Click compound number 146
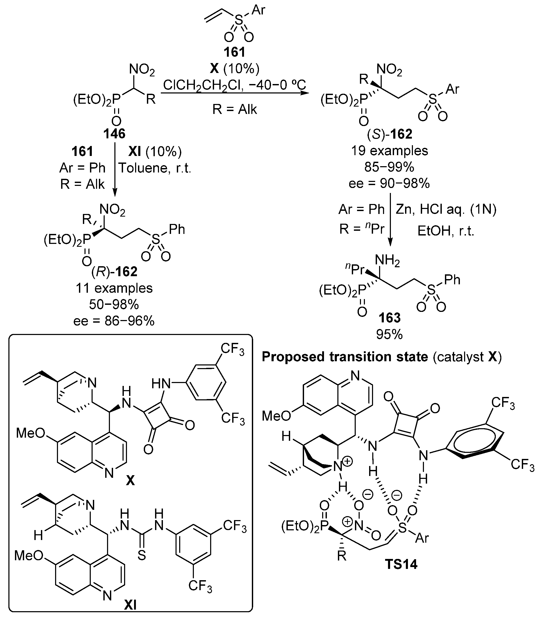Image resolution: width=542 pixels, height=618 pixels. (x=114, y=133)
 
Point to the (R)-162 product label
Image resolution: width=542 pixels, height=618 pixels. (x=114, y=272)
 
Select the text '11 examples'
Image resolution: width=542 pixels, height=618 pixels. (x=114, y=288)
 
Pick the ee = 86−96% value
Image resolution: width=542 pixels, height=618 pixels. (x=114, y=321)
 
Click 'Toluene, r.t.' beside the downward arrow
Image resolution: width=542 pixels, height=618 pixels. (x=155, y=168)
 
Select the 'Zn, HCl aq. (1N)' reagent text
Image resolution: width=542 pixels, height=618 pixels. (x=446, y=209)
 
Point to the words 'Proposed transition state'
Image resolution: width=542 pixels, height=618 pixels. (x=345, y=357)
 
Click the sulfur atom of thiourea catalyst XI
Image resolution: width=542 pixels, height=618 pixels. (x=142, y=555)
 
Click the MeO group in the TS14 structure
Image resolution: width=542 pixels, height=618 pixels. (x=276, y=416)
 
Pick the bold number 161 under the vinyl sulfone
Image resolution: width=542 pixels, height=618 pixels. (x=235, y=52)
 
